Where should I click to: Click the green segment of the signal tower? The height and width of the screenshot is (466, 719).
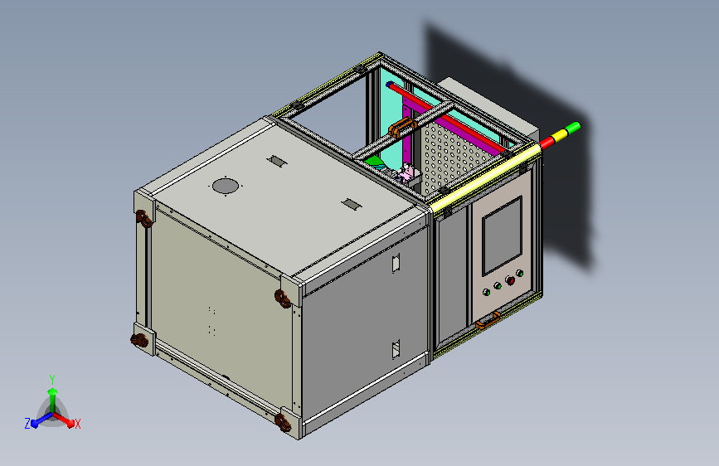click(x=573, y=128)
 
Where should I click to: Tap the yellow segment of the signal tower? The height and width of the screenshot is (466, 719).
click(x=560, y=135)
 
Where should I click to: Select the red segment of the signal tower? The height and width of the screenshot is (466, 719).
click(x=547, y=142)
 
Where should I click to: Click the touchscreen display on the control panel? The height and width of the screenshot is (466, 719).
click(x=502, y=235)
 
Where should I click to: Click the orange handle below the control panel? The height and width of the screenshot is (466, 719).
click(x=488, y=320)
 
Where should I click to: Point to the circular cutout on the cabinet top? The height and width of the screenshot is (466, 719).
click(x=226, y=187)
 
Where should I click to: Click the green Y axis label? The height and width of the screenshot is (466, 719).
click(x=52, y=380)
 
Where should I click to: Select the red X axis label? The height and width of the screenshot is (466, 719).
click(x=77, y=425)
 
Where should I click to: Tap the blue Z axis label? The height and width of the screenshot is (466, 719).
click(x=27, y=424)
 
